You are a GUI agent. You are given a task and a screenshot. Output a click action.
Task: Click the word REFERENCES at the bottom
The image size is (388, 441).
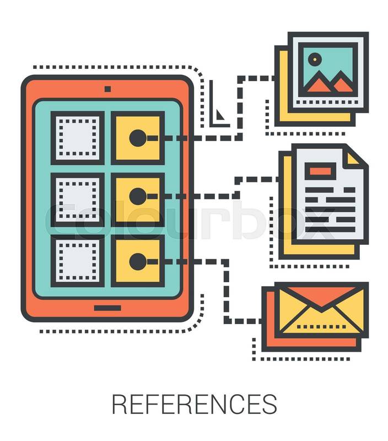click(x=194, y=404)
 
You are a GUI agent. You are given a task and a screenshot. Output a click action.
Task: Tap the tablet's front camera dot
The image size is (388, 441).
click(x=107, y=88)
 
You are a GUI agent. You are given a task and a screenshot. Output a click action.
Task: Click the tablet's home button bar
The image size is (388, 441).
click(x=107, y=308)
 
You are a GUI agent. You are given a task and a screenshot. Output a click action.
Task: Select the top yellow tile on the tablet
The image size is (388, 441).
click(x=138, y=138)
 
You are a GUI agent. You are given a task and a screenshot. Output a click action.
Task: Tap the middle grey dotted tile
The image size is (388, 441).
click(x=78, y=197)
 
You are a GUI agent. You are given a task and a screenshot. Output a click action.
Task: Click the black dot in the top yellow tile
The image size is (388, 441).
click(x=137, y=137)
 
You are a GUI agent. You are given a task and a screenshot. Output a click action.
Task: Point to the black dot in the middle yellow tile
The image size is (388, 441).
click(x=137, y=196)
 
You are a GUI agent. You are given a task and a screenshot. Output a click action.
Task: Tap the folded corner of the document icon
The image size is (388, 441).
click(x=355, y=158)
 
